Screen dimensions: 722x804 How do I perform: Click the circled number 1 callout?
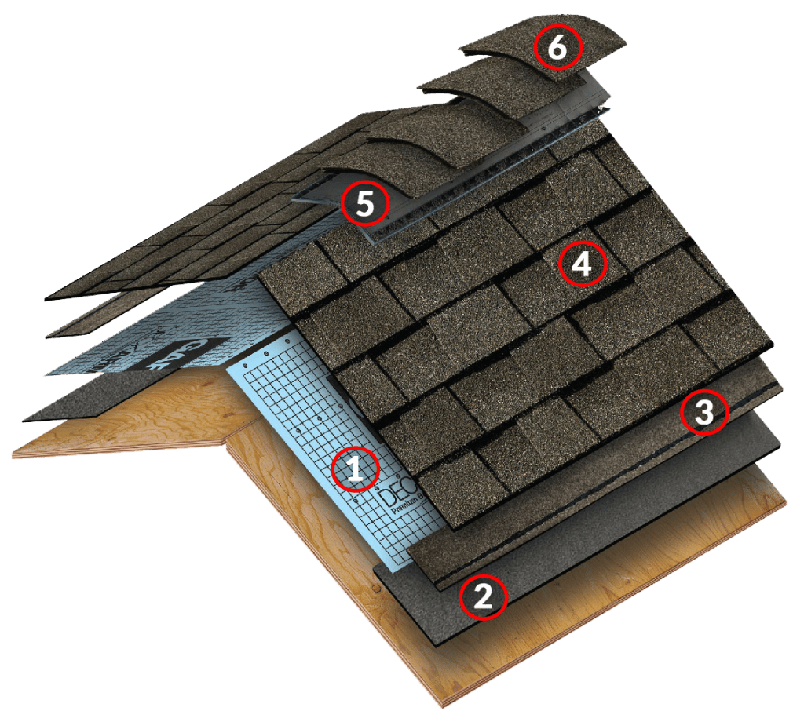coord(354,469)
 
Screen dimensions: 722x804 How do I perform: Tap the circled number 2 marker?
coord(483,597)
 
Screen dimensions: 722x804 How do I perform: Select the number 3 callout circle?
coord(703,413)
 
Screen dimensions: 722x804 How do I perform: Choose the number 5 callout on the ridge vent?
coord(365,203)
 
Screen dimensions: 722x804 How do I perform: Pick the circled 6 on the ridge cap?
coord(557,48)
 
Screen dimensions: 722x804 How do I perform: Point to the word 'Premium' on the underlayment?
coord(404,512)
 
